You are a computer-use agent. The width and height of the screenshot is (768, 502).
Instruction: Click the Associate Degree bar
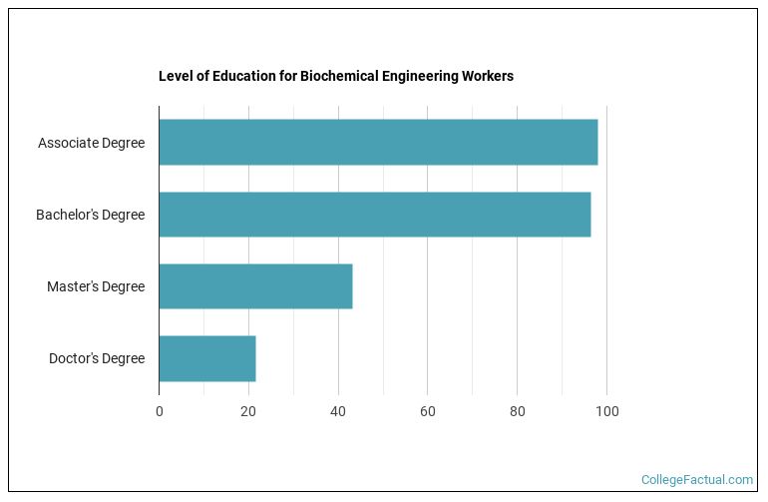coord(378,143)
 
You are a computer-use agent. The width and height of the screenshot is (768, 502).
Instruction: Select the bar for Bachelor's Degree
coord(374,215)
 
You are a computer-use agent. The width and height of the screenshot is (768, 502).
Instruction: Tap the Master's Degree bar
coord(255,286)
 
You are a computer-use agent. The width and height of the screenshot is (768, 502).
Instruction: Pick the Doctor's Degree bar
coord(207,358)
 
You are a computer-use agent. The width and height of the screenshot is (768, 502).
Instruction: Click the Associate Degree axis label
coord(91,143)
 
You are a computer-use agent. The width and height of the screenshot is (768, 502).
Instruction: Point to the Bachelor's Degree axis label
coord(90,215)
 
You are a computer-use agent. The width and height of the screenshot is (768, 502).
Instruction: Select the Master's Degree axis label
coord(96,286)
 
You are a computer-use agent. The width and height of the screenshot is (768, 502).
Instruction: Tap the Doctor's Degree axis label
coord(97,358)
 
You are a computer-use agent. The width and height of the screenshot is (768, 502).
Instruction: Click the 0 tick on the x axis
coord(160,410)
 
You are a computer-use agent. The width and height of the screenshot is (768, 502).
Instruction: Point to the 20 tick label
coord(248,410)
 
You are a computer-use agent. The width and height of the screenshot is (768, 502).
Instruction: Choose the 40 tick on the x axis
coord(338,410)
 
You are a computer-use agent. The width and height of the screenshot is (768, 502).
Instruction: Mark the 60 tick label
coord(427,410)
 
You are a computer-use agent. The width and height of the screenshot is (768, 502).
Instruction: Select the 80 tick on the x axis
coord(517,410)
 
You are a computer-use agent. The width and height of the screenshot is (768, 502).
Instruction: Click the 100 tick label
coord(606,410)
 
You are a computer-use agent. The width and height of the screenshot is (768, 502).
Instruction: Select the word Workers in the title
coord(490,76)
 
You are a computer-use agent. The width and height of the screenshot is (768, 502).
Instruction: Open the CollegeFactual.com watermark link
coord(696,480)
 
